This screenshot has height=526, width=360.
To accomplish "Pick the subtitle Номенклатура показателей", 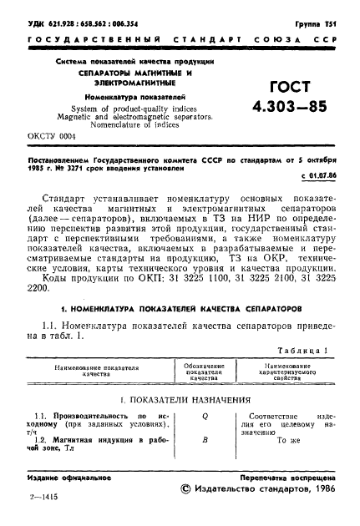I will (115, 98).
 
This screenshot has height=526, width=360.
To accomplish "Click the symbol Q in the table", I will (204, 415).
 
